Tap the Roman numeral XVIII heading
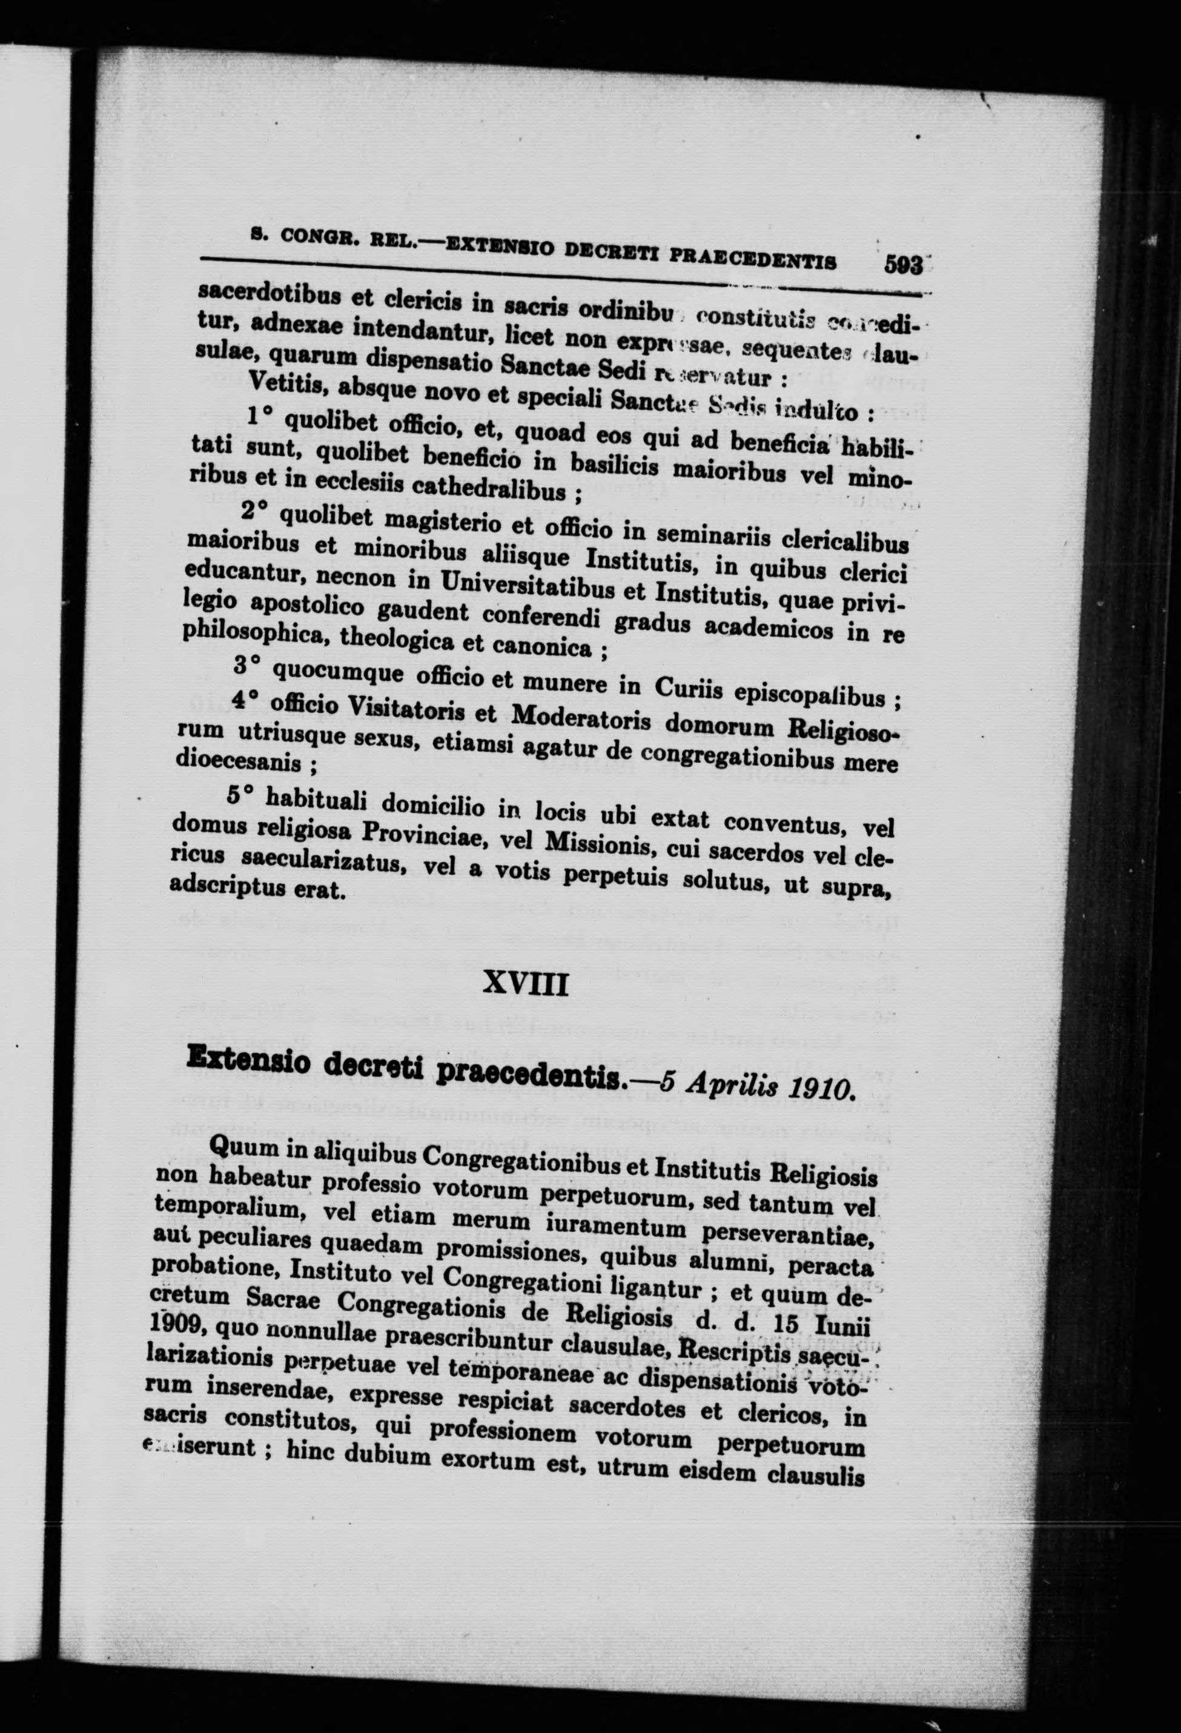(x=526, y=987)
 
